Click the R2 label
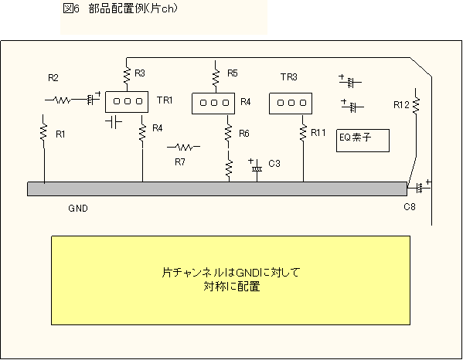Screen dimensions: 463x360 pos(53,78)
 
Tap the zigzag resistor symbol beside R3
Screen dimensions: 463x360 pos(127,75)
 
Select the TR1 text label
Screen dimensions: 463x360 pos(165,100)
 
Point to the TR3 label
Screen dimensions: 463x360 pos(289,77)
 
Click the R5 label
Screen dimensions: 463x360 pos(233,73)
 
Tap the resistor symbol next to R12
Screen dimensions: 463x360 pos(416,105)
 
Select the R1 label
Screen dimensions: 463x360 pos(60,134)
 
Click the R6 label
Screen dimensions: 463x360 pos(244,134)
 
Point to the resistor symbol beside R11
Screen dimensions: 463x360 pos(303,133)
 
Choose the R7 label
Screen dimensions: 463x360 pos(180,162)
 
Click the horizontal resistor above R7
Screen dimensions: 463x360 pos(184,147)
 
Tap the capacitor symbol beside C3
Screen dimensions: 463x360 pos(257,167)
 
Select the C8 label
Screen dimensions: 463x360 pos(410,207)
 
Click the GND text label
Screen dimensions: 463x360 pos(78,209)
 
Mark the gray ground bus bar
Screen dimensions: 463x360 pos(217,188)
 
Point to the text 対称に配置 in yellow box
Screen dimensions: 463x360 pos(232,287)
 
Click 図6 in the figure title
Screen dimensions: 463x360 pos(71,8)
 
